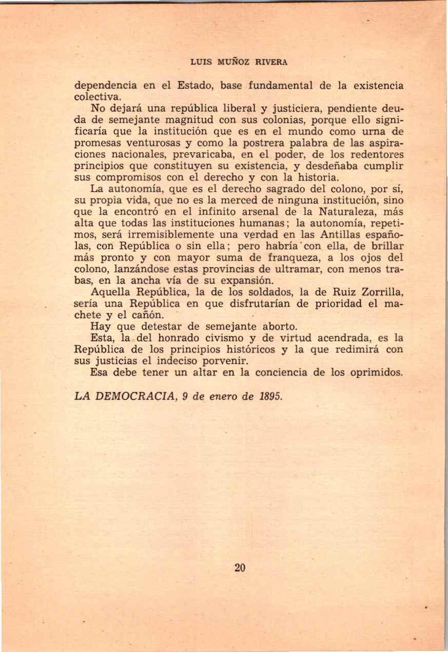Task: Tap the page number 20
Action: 240,567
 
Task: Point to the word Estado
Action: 196,85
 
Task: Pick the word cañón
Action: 149,316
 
